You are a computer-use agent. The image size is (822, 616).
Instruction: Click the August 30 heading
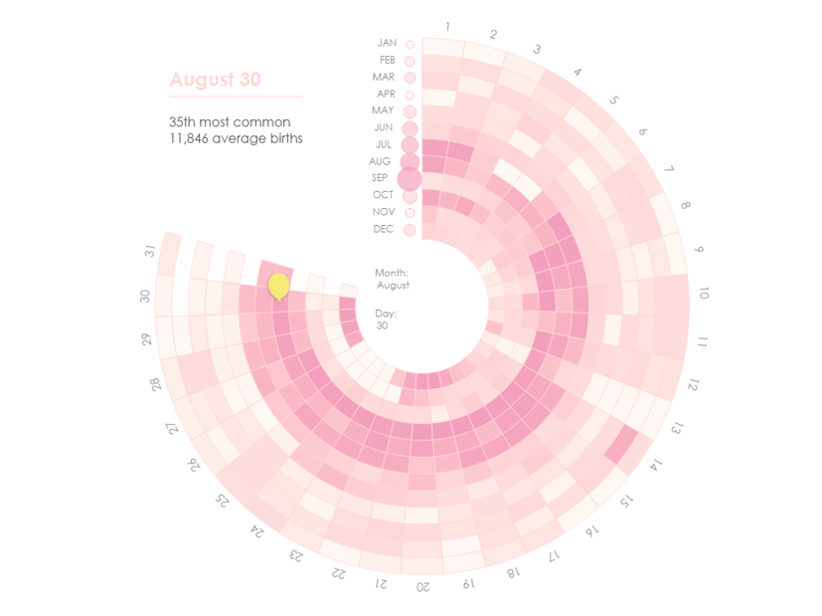click(x=215, y=80)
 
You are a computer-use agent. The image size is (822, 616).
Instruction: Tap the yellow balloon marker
click(x=279, y=286)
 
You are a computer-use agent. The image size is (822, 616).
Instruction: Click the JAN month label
click(x=387, y=43)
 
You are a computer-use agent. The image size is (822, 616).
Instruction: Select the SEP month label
click(x=380, y=178)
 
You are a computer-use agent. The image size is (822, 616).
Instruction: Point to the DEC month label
click(x=384, y=229)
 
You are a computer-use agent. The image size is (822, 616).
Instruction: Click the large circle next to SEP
click(x=410, y=178)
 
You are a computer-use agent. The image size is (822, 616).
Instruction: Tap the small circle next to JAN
click(x=410, y=44)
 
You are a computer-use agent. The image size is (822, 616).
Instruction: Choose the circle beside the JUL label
click(x=410, y=145)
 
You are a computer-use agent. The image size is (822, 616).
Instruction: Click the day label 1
click(x=448, y=27)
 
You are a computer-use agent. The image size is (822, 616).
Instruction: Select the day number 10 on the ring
click(x=704, y=294)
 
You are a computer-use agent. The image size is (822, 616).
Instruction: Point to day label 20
click(x=423, y=586)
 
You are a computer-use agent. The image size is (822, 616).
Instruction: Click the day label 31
click(x=150, y=251)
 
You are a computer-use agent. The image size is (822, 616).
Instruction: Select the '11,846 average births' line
click(x=236, y=139)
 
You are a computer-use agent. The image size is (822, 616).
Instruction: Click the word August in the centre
click(x=394, y=286)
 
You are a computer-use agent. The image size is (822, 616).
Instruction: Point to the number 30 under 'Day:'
click(x=382, y=325)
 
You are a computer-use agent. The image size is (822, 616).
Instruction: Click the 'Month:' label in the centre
click(x=392, y=273)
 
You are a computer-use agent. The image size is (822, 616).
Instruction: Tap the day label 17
click(x=555, y=554)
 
